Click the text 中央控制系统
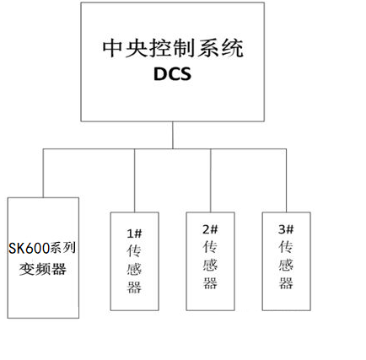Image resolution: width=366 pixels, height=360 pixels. [171, 49]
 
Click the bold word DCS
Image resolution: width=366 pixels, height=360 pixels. [174, 74]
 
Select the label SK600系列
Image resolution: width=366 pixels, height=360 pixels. [42, 248]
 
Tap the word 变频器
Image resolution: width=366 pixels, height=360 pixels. [42, 271]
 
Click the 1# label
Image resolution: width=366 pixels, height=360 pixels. [134, 232]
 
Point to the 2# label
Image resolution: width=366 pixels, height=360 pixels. [210, 228]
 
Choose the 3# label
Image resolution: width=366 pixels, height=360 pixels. [287, 228]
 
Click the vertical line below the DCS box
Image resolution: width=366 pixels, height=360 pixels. [173, 135]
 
